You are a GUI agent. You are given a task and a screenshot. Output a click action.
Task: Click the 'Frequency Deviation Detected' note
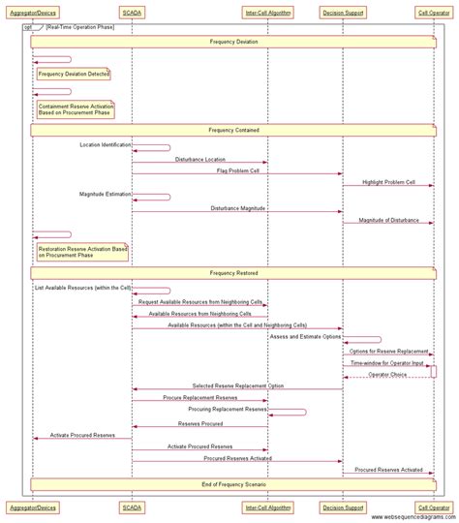[73, 74]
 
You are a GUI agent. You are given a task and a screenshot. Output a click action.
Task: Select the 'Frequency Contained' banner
[233, 129]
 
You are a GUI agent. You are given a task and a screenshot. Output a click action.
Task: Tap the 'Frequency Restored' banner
[233, 273]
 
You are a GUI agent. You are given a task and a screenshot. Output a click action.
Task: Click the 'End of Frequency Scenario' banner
[233, 483]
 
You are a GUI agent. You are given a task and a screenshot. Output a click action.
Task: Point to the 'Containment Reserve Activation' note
[75, 109]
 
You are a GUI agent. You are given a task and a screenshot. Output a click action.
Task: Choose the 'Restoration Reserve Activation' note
[82, 252]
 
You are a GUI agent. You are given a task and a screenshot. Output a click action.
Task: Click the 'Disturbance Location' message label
[199, 159]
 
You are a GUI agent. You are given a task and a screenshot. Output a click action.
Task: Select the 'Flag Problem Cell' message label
[236, 170]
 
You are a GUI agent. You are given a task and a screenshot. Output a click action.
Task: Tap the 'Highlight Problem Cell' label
[389, 182]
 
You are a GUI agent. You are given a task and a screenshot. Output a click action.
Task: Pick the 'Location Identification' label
[105, 144]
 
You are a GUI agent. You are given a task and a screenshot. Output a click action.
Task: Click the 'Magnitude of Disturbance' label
[388, 220]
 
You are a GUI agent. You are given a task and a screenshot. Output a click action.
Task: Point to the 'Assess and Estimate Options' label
[305, 337]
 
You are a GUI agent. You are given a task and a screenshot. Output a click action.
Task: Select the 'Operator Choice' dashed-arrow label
[386, 374]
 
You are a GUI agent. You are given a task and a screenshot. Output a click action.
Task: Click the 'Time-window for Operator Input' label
[386, 362]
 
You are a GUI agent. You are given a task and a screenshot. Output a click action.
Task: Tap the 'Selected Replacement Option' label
[237, 386]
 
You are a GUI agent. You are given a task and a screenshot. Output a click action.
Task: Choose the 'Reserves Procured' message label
[199, 423]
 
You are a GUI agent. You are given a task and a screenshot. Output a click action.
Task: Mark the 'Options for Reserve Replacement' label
[388, 351]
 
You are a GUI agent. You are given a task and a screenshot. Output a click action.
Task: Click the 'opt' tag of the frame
[29, 27]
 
